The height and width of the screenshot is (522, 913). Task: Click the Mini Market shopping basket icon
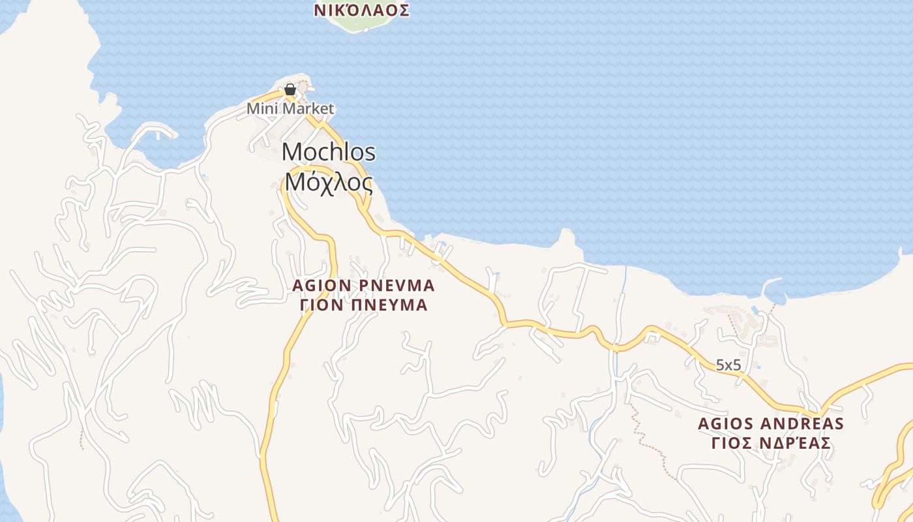tap(290, 89)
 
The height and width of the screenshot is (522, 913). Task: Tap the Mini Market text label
tap(290, 108)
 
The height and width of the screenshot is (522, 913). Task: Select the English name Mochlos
tap(329, 152)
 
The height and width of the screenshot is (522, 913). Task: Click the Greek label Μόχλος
tap(329, 183)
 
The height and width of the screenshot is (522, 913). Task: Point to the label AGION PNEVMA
tap(363, 286)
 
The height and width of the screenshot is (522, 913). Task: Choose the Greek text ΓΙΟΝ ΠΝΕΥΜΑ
tap(363, 305)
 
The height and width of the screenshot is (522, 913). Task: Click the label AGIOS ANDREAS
tap(771, 423)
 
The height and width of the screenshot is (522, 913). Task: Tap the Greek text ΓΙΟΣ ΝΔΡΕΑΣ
tap(771, 443)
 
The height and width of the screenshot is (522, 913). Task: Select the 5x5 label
tap(728, 365)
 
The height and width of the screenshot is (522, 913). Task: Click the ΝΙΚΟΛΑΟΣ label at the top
tap(361, 10)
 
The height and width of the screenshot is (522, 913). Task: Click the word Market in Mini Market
tap(308, 108)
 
